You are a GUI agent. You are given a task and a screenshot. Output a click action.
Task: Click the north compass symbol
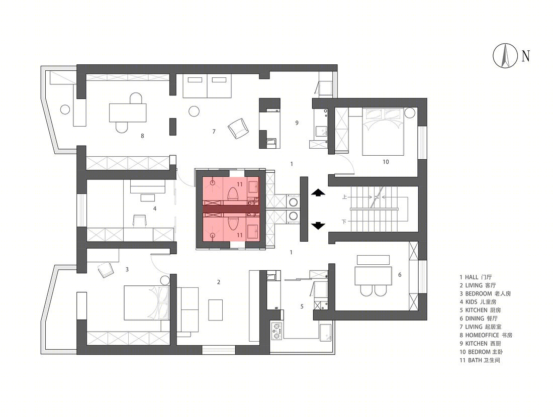(x=505, y=55)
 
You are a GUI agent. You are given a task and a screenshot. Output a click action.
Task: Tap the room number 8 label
(x=142, y=136)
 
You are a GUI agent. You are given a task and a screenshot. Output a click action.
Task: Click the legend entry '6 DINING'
(x=479, y=319)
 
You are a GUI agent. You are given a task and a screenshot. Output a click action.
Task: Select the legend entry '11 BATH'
(x=480, y=360)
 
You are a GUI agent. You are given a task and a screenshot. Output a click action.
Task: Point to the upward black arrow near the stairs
(x=318, y=192)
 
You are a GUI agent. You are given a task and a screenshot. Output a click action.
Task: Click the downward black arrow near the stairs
(x=318, y=226)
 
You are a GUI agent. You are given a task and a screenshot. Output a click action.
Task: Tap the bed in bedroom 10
(x=383, y=132)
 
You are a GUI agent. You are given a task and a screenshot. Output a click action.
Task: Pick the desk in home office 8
(x=128, y=113)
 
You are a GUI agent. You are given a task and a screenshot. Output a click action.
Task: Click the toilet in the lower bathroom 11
(x=233, y=224)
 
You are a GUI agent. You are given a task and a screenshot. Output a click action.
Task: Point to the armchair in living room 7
(x=238, y=128)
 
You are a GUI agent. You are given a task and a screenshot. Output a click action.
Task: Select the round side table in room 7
(x=194, y=112)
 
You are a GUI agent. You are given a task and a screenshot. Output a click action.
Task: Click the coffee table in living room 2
(x=215, y=310)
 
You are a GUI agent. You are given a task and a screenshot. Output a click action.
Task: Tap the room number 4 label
(x=154, y=208)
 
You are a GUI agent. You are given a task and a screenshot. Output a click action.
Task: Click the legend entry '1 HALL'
(x=476, y=277)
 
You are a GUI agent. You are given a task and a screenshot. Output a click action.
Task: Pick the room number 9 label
(x=297, y=123)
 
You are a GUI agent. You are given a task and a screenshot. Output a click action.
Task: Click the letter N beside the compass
(x=525, y=56)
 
